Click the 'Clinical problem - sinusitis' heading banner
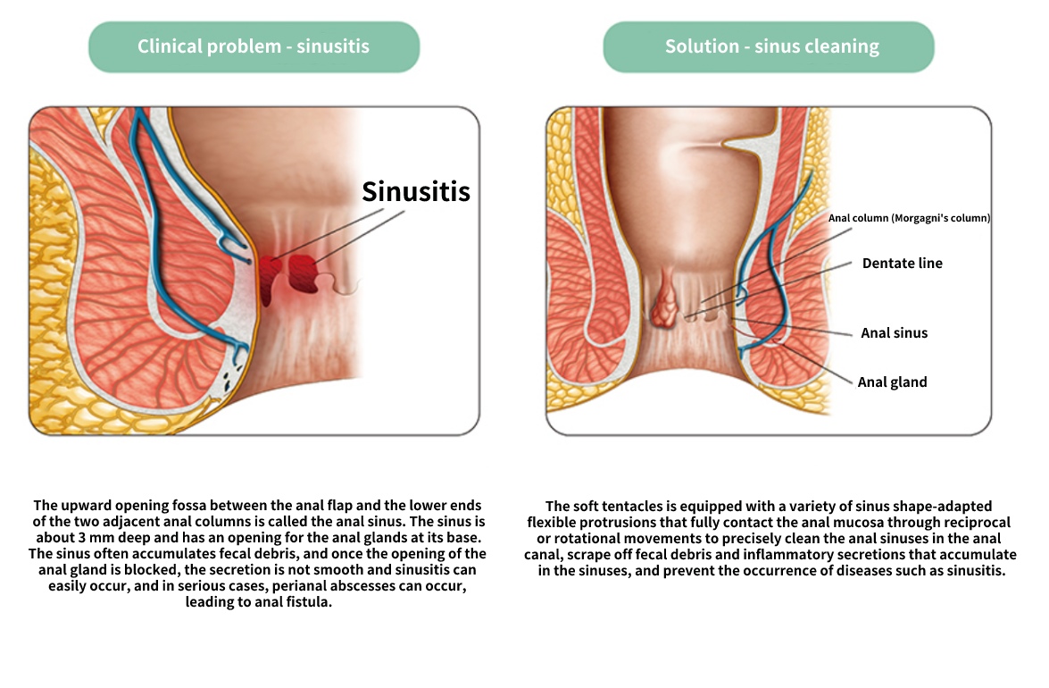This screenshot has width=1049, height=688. (x=254, y=46)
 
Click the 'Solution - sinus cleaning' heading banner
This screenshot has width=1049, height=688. (x=769, y=46)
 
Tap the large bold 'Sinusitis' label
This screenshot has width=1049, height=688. (x=416, y=192)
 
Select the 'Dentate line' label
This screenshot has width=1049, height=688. (x=902, y=263)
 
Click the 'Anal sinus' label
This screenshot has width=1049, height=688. (x=894, y=332)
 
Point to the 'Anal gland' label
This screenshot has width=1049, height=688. (x=893, y=382)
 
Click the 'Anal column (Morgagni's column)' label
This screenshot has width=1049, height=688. (x=909, y=218)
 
